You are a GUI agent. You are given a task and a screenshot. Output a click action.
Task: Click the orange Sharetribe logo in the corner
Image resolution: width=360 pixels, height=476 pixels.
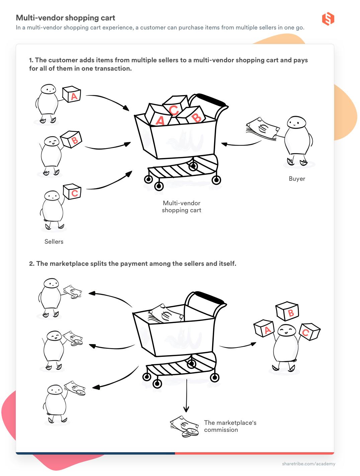(x=328, y=19)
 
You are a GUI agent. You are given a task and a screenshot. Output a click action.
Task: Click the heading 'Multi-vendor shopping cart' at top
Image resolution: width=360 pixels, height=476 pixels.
(x=66, y=18)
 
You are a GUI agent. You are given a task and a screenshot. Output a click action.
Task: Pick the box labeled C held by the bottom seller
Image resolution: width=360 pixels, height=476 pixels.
(x=73, y=191)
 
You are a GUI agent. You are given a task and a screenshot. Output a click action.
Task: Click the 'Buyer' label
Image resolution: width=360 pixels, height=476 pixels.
(x=297, y=179)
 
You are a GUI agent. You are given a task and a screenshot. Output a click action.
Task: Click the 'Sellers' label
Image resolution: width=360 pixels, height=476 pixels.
(x=54, y=242)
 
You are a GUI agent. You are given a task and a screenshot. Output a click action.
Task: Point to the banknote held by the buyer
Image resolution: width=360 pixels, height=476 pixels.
(x=263, y=129)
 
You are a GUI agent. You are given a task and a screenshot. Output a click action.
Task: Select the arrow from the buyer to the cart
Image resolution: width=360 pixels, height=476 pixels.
(x=241, y=144)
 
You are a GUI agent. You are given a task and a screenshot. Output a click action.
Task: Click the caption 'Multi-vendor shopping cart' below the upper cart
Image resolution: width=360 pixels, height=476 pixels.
(x=181, y=207)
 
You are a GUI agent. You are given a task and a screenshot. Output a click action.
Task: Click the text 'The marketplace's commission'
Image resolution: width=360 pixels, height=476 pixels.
(x=230, y=426)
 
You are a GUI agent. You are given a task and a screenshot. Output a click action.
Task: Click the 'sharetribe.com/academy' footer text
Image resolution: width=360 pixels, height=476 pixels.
(x=308, y=464)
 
